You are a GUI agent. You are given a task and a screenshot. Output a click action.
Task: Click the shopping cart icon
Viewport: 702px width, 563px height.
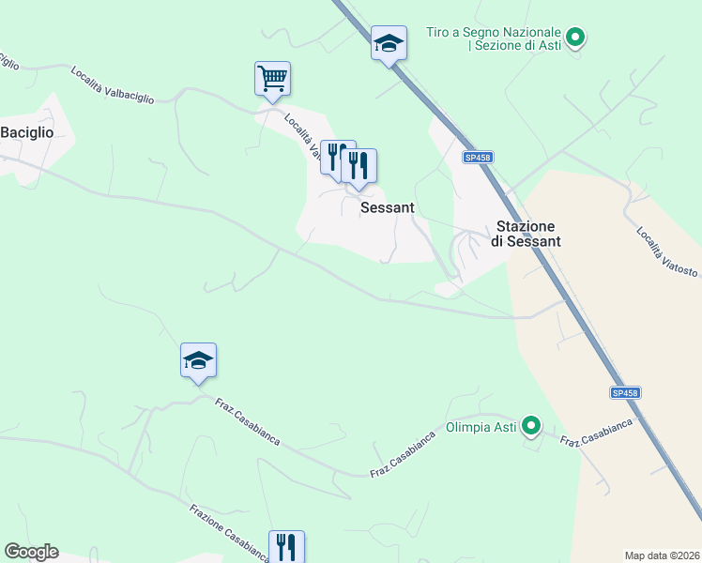(272, 78)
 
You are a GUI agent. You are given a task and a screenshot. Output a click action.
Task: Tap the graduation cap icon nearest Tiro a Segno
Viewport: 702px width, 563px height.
(389, 42)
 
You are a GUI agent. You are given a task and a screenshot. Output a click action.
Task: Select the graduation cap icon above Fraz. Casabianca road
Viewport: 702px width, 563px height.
(198, 360)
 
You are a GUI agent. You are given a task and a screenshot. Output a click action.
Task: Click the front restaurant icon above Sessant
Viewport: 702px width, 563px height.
(359, 166)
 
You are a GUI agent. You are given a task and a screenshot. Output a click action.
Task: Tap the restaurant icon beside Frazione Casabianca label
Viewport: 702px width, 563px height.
(286, 546)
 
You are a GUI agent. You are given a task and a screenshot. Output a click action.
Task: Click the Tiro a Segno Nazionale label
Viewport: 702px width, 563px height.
(493, 38)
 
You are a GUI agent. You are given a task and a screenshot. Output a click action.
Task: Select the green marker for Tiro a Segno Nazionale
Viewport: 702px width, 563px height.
(577, 38)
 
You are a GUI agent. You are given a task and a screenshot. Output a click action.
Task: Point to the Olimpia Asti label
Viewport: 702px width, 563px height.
(481, 427)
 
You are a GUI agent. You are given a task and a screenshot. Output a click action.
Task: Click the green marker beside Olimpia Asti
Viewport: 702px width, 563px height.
(531, 427)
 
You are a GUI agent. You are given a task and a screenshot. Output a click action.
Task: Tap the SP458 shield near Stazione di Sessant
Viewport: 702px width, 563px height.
(478, 159)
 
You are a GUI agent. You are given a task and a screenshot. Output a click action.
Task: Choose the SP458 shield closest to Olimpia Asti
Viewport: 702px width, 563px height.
(624, 393)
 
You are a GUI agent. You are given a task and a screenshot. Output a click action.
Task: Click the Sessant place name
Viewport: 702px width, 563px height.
(388, 207)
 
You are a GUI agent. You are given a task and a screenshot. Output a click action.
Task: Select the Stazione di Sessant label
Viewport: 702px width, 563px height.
(526, 234)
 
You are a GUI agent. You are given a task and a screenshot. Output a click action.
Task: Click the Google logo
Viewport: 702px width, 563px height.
(31, 552)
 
